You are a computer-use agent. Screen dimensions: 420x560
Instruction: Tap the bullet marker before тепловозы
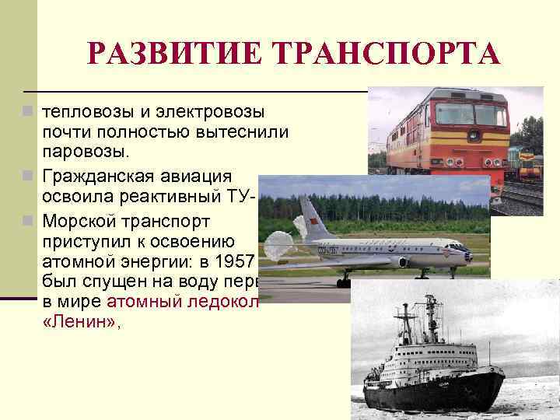(29, 114)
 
